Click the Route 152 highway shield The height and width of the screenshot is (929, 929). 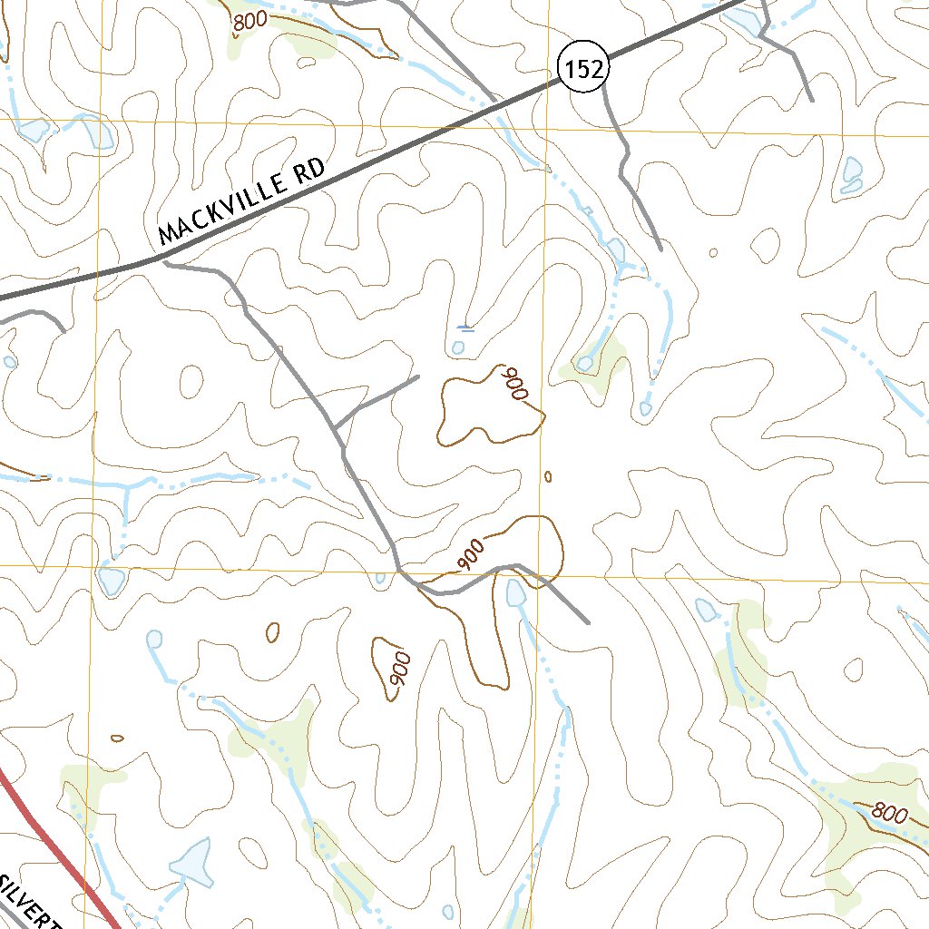click(x=582, y=70)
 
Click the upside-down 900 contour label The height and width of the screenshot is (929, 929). click(x=516, y=383)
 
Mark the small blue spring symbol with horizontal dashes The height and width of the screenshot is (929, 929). click(x=465, y=329)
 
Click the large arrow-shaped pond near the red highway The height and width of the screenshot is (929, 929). click(x=193, y=861)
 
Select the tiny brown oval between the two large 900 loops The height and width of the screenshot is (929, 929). click(x=547, y=476)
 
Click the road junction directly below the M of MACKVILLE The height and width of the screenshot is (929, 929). click(x=164, y=263)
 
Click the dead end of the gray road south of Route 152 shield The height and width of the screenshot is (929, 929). click(x=659, y=247)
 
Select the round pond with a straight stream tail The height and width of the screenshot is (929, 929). click(x=153, y=640)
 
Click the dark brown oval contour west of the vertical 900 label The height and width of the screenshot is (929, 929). click(x=272, y=631)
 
